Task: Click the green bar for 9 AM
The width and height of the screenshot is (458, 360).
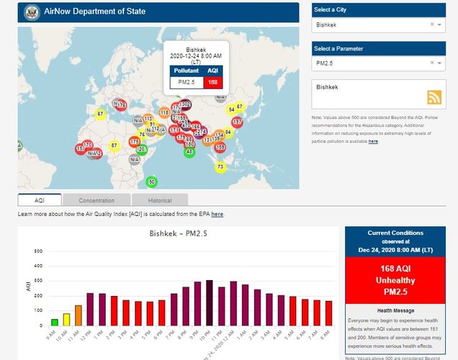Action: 54,322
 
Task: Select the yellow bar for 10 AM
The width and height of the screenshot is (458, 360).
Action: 66,319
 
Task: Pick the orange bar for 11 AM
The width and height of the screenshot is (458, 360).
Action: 78,315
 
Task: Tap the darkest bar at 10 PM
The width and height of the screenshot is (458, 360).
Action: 209,303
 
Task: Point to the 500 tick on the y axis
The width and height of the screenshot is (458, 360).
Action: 37,251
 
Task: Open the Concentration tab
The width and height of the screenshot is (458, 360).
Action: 96,200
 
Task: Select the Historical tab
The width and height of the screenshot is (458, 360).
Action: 160,200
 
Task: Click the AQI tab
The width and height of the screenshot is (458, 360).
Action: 40,200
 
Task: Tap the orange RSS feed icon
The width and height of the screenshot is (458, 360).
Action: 434,98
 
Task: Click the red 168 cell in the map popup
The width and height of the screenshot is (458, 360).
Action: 212,82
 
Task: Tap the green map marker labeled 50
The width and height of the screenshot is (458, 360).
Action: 151,181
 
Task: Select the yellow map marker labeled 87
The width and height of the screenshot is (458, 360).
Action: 114,145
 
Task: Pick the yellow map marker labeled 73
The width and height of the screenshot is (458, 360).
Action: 220,167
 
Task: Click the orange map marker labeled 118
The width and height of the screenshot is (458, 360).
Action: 164,112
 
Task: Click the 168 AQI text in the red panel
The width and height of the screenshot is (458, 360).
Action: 395,269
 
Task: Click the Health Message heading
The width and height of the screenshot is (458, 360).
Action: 395,310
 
